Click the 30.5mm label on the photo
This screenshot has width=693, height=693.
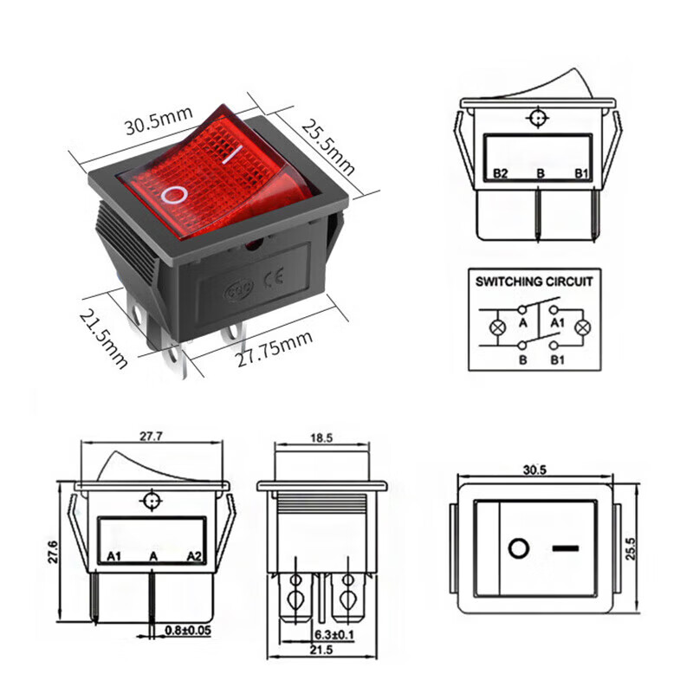(x=156, y=124)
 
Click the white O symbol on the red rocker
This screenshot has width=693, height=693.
(x=176, y=192)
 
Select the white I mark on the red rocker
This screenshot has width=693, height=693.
(x=230, y=157)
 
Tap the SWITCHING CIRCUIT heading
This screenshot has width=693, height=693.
(x=534, y=282)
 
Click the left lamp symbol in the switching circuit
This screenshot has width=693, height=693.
(x=497, y=327)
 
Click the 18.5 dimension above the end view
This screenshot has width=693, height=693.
(x=321, y=439)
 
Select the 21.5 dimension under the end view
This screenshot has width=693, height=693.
(x=321, y=651)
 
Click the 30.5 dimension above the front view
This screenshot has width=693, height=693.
(x=534, y=470)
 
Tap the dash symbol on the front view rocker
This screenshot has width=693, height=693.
(x=565, y=548)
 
